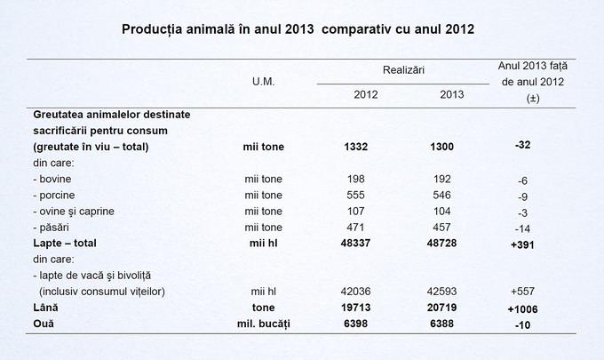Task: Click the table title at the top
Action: point(298,29)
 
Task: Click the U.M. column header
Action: point(263,81)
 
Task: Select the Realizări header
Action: point(403,68)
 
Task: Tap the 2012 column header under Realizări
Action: point(365,95)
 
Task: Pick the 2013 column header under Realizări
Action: point(451,95)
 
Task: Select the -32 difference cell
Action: point(522,145)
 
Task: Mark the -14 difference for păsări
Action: point(522,228)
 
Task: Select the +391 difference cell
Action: point(522,244)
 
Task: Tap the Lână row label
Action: point(45,307)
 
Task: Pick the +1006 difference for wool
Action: point(522,308)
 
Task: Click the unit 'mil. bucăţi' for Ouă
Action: point(263,323)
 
